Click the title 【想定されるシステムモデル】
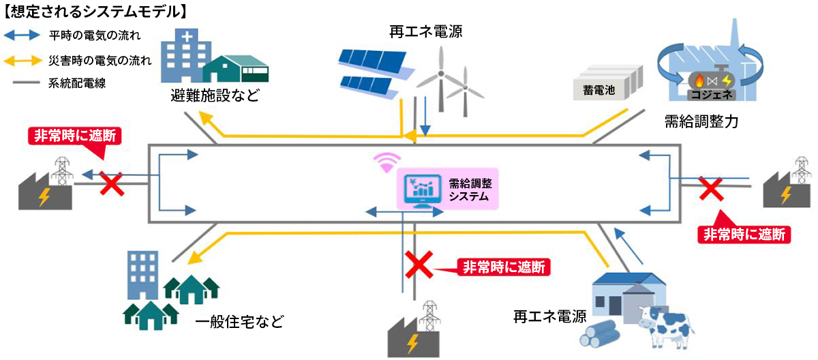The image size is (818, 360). tap(95, 12)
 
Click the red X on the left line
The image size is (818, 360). tap(112, 183)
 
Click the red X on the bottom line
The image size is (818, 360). tap(417, 265)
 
